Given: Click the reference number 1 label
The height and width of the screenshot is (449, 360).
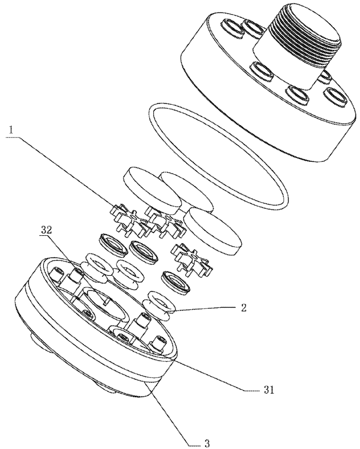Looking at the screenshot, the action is click(x=11, y=130).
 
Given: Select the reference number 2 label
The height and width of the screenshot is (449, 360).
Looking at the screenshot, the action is click(x=243, y=309).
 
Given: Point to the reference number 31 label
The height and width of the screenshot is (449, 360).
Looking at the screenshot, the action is click(x=269, y=390).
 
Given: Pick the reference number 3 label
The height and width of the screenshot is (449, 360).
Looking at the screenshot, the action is click(x=207, y=444).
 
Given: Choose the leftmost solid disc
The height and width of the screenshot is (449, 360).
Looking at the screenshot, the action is click(x=152, y=190).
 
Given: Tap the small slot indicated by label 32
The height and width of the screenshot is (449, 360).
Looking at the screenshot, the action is click(x=106, y=302).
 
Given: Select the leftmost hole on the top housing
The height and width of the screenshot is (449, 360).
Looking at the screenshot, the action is click(x=232, y=28).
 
